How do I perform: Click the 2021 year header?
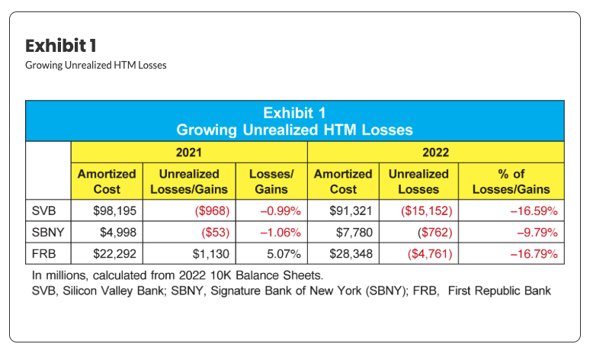point(189,153)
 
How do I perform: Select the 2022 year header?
point(435,153)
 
